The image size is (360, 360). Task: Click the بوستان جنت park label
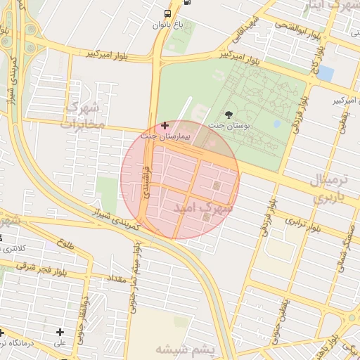point(229,126)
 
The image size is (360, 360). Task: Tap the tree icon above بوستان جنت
point(229,115)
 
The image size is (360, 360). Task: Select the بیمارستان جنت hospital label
point(165,136)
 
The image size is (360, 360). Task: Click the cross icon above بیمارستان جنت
point(165,125)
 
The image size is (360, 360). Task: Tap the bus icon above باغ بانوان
point(167,13)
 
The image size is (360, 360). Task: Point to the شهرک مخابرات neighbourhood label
point(83,115)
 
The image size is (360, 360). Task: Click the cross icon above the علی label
point(60,332)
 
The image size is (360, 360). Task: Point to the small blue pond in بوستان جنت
point(276,124)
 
